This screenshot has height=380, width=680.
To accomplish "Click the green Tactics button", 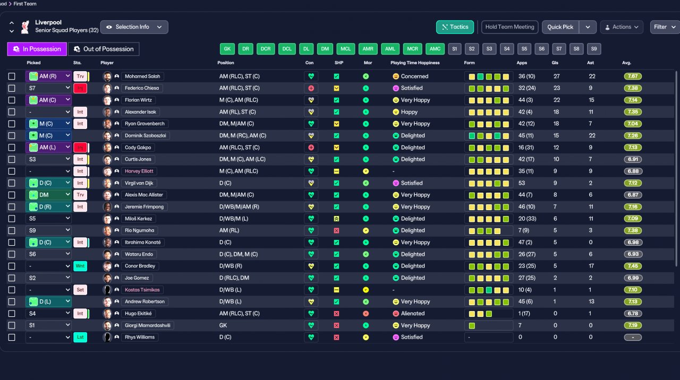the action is coord(455,27).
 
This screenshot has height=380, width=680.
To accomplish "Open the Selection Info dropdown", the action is coord(134,27).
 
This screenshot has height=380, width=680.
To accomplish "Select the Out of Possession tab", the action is coord(104,49).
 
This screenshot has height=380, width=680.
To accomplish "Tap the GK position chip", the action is coord(227,49).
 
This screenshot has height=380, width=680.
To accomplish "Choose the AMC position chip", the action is coord(435,49).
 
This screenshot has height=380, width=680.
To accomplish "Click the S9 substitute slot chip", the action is coord(594,49).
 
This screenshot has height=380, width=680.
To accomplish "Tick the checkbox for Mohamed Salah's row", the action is coord(12,76).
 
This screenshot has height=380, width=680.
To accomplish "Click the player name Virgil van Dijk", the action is coord(139,183).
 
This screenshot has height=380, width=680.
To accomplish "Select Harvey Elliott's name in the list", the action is coord(139,171).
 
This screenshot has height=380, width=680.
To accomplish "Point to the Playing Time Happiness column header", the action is coord(415,63).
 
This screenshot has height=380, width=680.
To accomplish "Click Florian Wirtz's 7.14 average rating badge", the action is coord(633,100).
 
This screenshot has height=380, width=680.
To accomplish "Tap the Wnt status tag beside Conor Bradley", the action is coord(80,266).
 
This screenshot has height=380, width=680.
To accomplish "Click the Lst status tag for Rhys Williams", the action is coord(80,337).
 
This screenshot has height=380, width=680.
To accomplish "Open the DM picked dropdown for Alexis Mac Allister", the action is coord(48,195).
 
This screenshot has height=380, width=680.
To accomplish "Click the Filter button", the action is coord(665,27).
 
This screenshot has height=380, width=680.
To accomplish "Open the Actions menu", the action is coord(622,27).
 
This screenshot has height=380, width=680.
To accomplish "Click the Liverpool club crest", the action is coord(25,27).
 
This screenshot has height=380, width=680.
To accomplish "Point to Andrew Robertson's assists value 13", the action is coord(591,302).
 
